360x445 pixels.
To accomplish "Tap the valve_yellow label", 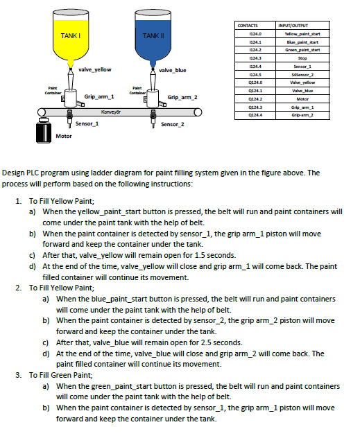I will (95, 69).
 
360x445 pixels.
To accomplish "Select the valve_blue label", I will (173, 70).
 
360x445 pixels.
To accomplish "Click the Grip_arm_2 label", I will (182, 97).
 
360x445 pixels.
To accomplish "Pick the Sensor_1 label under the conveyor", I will (87, 123).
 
